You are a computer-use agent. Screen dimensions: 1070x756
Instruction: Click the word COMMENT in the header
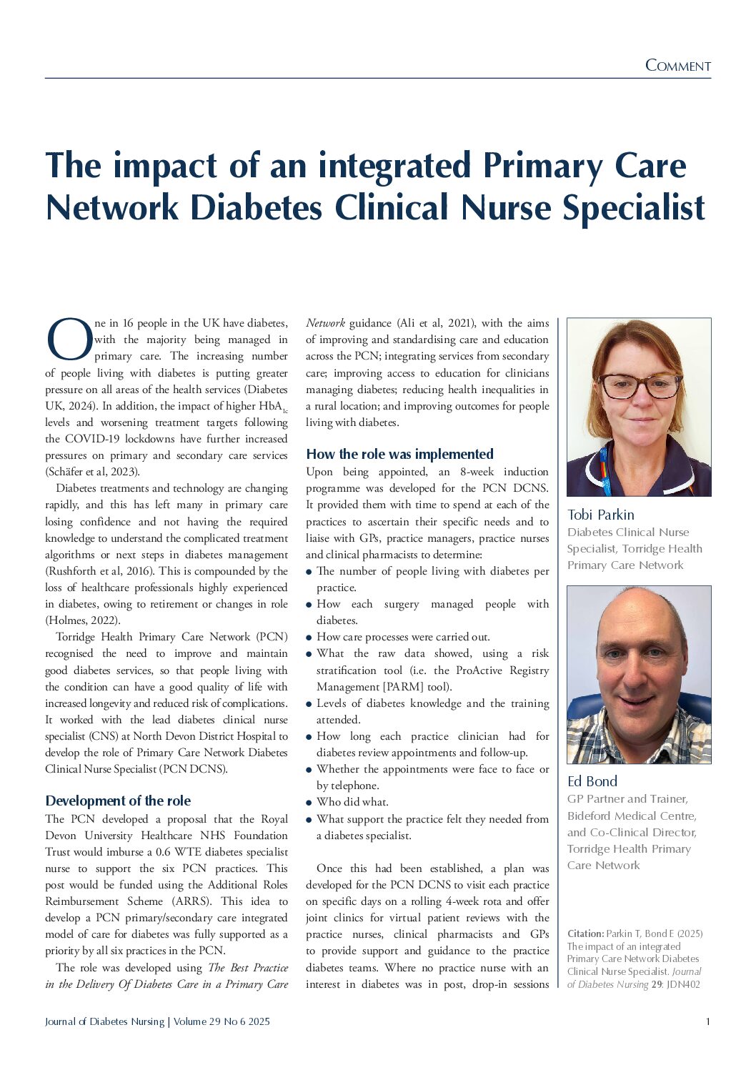coord(677,66)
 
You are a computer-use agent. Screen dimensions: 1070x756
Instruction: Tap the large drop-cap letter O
coord(69,341)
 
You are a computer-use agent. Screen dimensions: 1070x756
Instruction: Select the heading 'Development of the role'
coord(118,801)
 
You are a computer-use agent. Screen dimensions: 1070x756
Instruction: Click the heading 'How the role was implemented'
coord(399,454)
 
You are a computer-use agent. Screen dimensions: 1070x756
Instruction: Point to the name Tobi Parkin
coord(600,515)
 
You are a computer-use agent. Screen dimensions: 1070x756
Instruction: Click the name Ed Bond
coord(592,781)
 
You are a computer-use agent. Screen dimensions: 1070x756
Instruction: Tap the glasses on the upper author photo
coord(640,386)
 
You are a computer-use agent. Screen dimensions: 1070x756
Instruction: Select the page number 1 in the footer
coord(707,1021)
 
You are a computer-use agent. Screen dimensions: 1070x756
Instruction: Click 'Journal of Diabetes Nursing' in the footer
coord(104,1021)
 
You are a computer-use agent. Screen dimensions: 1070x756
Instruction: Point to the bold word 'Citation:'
coord(585,933)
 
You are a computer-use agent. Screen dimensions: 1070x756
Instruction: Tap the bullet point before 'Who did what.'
coord(309,803)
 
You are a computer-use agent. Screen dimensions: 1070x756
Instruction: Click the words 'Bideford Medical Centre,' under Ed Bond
coord(632,816)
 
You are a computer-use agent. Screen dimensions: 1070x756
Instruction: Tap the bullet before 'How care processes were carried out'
coord(309,638)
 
